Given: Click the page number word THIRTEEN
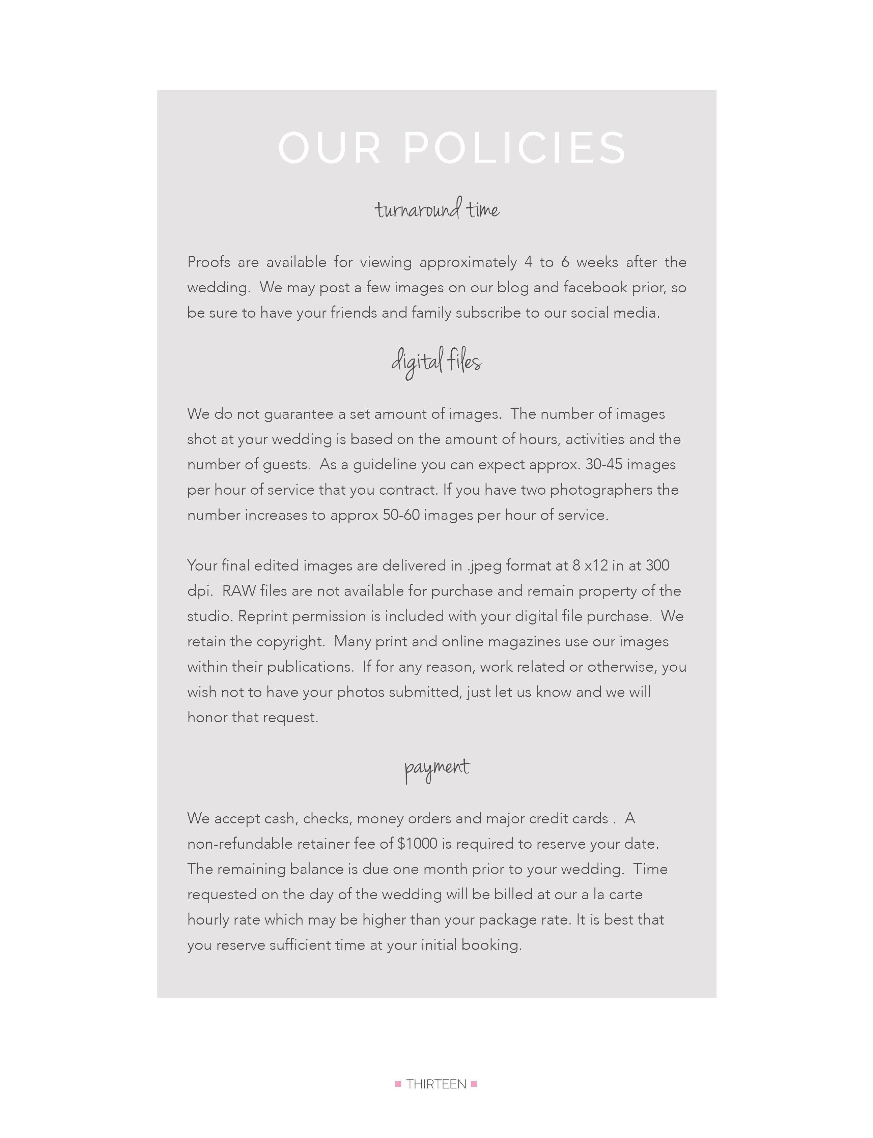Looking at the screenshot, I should tap(436, 1084).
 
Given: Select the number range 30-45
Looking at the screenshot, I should tap(604, 464).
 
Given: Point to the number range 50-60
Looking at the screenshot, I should tap(401, 515).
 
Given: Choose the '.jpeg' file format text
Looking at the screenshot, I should tap(484, 565).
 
